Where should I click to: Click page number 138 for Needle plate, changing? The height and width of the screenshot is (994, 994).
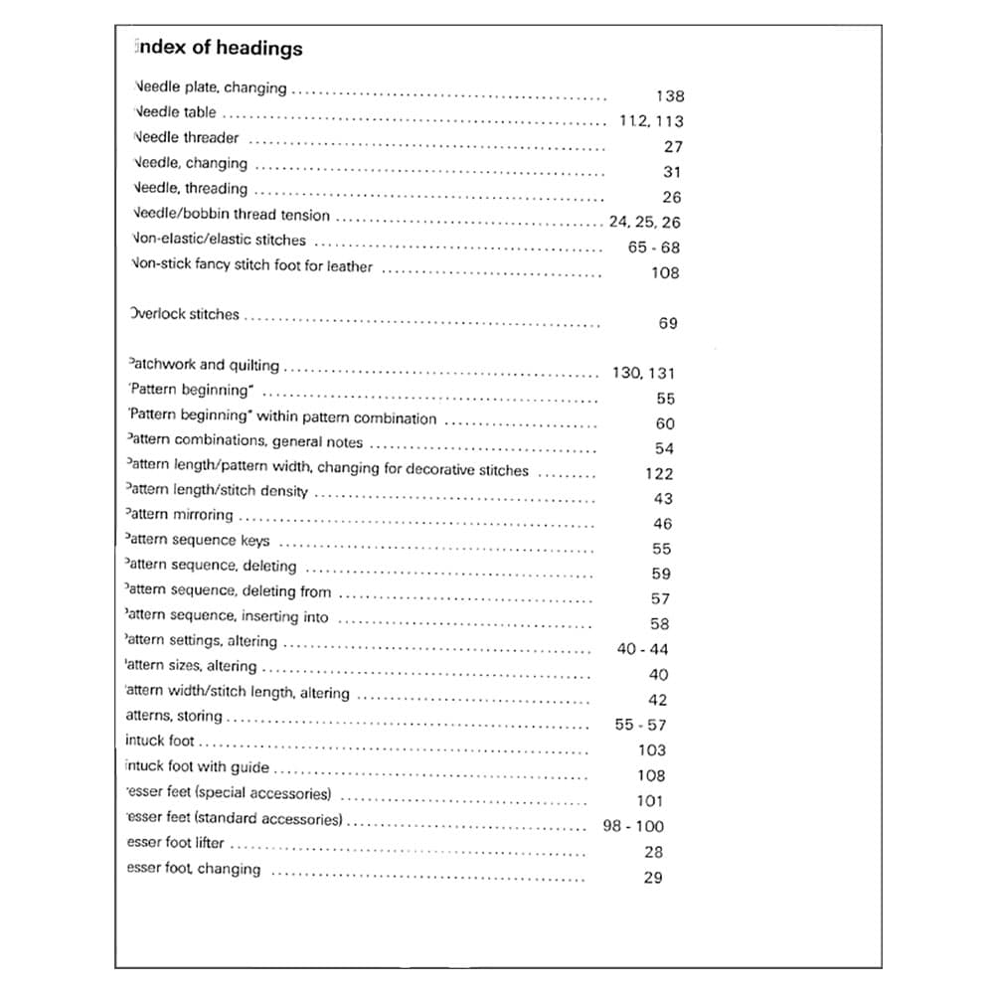coord(670,96)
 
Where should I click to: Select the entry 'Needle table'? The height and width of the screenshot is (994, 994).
coord(174,112)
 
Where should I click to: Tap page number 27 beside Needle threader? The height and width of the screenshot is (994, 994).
coord(672,146)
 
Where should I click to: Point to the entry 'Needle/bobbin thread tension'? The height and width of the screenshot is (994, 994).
coord(231,214)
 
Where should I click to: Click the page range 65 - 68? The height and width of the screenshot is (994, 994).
coord(654,248)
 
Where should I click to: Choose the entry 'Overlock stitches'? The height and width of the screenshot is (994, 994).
coord(185,314)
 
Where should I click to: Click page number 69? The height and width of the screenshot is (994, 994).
coord(668,323)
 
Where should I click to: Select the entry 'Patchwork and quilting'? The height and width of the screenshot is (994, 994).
coord(204,365)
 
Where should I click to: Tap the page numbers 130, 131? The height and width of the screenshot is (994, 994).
coord(643,373)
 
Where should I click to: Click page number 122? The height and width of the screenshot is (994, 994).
coord(658,474)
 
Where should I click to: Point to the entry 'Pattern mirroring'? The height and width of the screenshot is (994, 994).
coord(180,515)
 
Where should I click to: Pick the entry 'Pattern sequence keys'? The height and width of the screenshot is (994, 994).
coord(198,541)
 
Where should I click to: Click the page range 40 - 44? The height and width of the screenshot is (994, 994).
coord(642,649)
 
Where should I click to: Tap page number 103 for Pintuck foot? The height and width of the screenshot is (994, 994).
coord(651,750)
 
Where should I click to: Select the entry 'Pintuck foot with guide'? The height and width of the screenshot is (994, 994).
coord(198,767)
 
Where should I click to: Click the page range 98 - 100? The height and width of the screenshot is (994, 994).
coord(633,826)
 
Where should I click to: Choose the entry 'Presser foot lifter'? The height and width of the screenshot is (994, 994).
coord(176,843)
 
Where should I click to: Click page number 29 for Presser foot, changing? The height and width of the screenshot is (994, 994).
coord(652,878)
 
